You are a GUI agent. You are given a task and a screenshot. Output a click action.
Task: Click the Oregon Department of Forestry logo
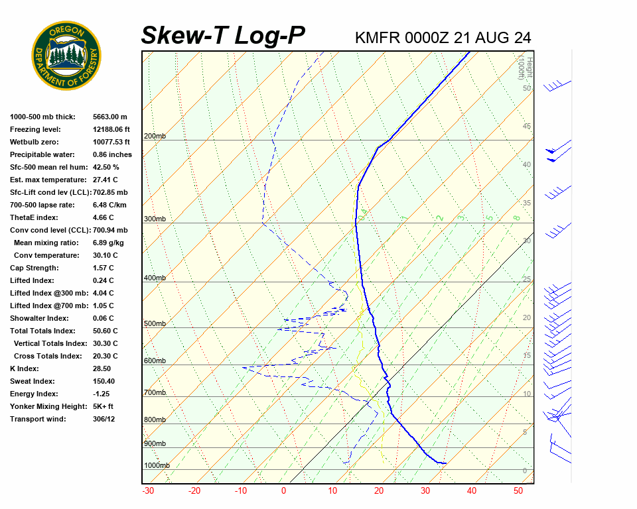(x=66, y=56)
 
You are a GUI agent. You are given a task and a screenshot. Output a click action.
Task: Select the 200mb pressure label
(x=155, y=137)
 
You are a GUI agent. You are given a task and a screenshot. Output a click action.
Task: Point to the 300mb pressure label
(x=155, y=219)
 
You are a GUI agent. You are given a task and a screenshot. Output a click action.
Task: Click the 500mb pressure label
(x=155, y=324)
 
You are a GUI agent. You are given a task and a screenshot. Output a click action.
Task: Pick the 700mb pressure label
(x=155, y=393)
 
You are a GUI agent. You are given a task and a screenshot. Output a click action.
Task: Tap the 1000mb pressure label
(x=157, y=466)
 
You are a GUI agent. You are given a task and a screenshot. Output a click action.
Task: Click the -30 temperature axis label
(x=148, y=491)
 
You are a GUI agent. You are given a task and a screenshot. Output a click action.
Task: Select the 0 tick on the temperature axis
(x=283, y=491)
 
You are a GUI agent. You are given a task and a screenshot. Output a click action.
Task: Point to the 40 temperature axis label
(x=472, y=491)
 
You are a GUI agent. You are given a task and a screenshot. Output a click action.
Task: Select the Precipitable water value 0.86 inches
(x=112, y=154)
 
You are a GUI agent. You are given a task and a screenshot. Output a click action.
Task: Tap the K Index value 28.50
(x=102, y=368)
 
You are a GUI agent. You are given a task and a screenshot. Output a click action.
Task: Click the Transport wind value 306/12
(x=104, y=419)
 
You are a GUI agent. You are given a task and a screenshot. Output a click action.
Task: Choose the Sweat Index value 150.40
(x=104, y=381)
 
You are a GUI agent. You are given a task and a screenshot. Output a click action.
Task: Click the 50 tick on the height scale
(x=527, y=88)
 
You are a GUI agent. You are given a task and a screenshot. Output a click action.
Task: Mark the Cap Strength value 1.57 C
(x=104, y=268)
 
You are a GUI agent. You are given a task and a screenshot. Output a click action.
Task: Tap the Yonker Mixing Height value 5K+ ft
(x=104, y=406)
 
